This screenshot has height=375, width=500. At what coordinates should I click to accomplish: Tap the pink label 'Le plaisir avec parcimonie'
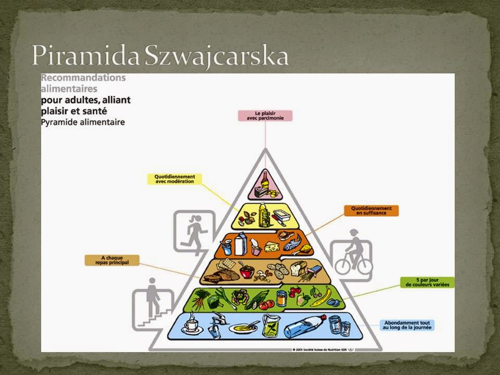tap(265, 116)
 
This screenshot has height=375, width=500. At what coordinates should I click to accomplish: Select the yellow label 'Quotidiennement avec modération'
tap(174, 179)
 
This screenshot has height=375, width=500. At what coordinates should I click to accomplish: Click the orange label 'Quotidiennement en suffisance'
tap(371, 210)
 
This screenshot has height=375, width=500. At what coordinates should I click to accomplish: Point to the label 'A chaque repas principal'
tap(112, 260)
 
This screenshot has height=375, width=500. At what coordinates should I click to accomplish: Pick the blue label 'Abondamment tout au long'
tap(407, 325)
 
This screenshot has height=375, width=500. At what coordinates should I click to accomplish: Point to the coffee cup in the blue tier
tap(192, 324)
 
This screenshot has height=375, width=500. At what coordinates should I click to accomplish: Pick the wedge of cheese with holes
tap(272, 246)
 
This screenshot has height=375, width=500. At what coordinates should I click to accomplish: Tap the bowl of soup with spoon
tap(244, 328)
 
